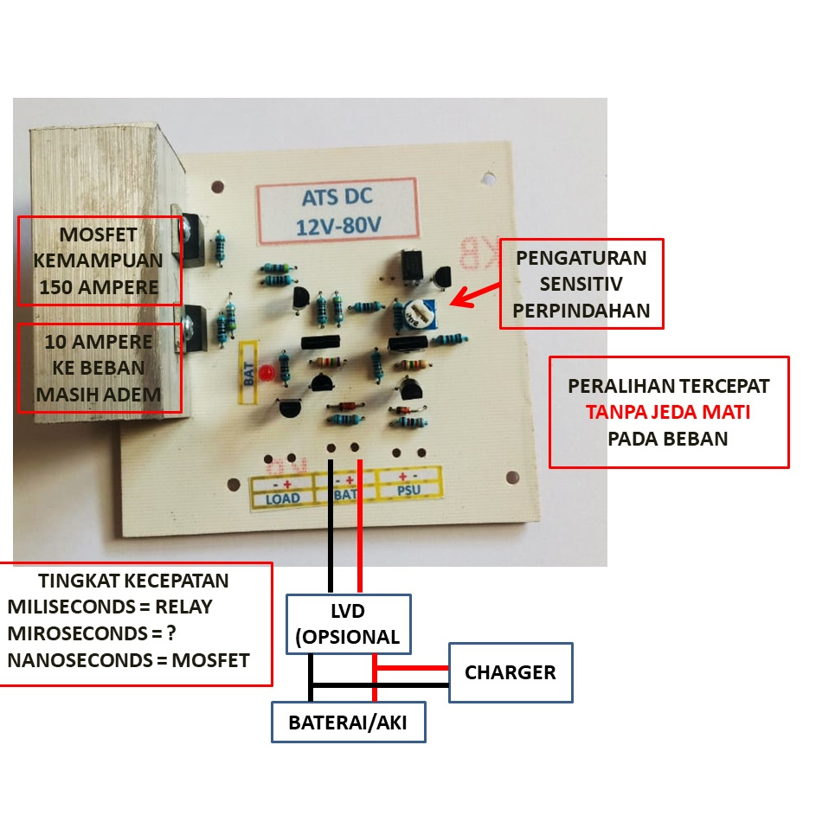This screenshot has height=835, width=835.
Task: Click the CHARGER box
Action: [x=510, y=672]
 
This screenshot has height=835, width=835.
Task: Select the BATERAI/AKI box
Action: [x=350, y=722]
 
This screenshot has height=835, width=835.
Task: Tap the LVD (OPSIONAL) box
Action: [x=348, y=624]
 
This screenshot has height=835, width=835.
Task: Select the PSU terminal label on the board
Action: [x=408, y=490]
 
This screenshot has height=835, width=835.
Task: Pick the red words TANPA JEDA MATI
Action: [x=667, y=412]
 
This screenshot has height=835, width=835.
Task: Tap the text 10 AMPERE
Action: [x=99, y=342]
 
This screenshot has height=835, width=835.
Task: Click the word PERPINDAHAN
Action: [x=581, y=310]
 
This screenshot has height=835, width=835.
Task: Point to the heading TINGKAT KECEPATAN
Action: [x=133, y=581]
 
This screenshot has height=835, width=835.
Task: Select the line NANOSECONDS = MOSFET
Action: [x=128, y=660]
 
